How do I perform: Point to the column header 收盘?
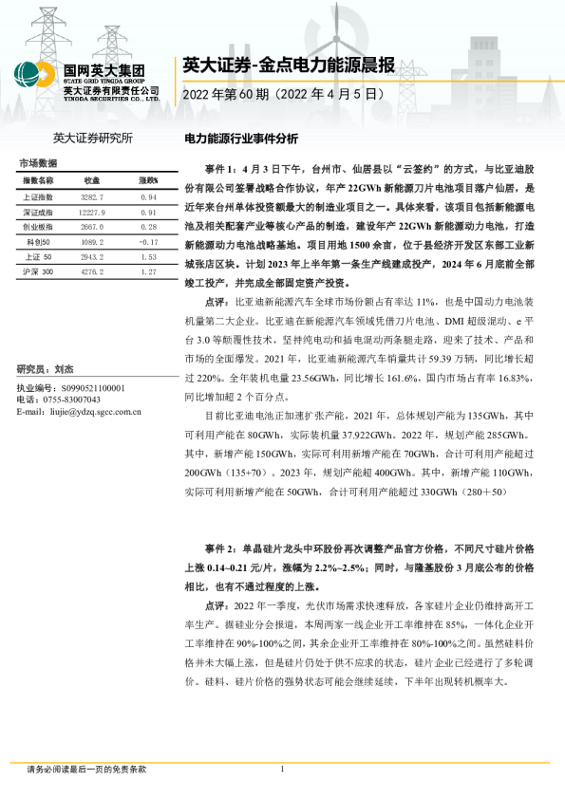(x=92, y=180)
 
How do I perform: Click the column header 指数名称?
(x=40, y=180)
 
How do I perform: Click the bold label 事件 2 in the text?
(x=223, y=549)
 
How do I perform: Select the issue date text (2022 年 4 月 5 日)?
(x=330, y=95)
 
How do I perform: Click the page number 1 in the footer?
(x=282, y=769)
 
